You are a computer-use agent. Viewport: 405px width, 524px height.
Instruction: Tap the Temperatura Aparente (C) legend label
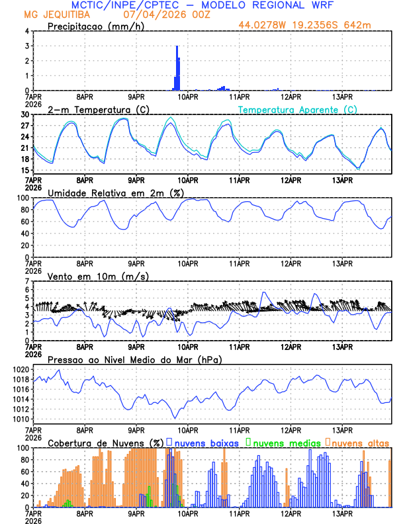298,109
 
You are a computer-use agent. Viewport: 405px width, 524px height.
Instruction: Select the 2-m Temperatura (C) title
94,109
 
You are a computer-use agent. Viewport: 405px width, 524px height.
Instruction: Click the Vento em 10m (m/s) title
98,276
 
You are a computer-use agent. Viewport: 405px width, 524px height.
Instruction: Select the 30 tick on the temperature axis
24,114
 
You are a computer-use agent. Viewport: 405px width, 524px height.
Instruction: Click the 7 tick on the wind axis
27,281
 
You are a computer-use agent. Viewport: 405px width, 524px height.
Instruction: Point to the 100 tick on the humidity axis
22,198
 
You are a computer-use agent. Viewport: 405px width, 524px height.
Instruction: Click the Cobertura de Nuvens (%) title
105,443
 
